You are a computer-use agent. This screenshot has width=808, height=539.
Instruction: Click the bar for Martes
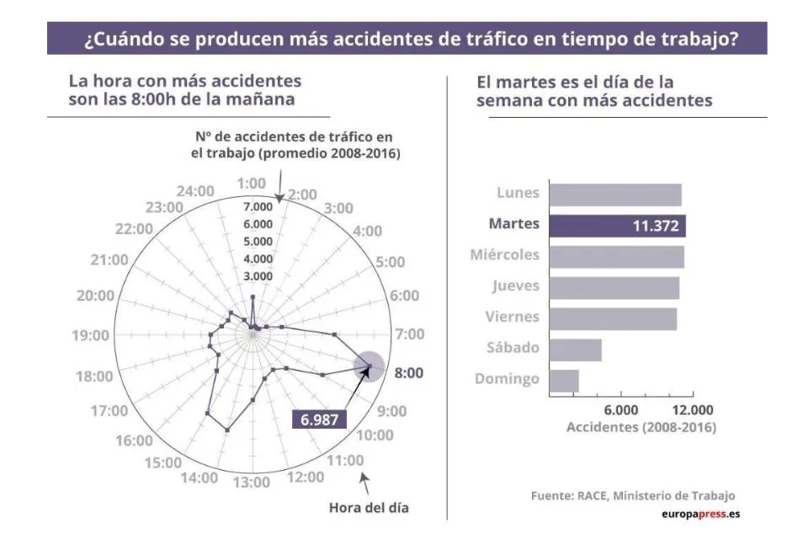click(617, 225)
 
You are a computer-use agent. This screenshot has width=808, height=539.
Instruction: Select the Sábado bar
click(575, 350)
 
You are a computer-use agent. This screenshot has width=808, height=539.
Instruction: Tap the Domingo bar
click(564, 381)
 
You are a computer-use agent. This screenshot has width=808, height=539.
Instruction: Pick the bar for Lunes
click(615, 195)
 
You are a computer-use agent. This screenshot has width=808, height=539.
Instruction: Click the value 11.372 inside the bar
click(656, 226)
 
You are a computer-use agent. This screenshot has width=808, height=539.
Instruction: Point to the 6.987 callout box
click(319, 419)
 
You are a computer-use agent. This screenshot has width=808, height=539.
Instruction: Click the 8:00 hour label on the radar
click(410, 372)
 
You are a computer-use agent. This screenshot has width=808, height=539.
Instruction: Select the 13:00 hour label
click(252, 483)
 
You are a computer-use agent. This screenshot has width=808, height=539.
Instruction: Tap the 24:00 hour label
click(197, 191)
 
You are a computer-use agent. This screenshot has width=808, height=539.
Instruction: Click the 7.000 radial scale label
click(258, 206)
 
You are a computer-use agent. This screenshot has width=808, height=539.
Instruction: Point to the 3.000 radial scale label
click(258, 276)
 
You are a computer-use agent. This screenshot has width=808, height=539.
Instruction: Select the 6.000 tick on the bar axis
click(620, 409)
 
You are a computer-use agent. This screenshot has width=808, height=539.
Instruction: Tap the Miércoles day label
click(504, 255)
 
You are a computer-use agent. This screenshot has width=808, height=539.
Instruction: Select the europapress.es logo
click(700, 514)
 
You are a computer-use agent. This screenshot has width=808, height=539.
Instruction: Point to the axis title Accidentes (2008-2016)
click(641, 427)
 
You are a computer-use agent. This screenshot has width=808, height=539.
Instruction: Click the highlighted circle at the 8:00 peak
click(370, 366)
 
